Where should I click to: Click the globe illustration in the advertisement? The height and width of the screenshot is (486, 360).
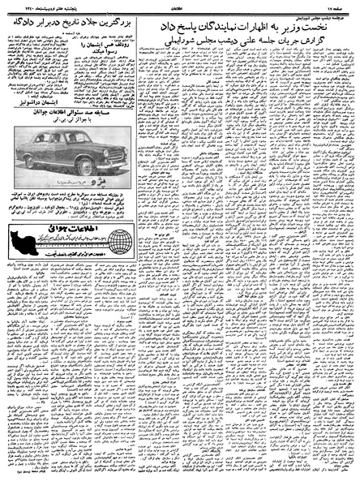(118, 242)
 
